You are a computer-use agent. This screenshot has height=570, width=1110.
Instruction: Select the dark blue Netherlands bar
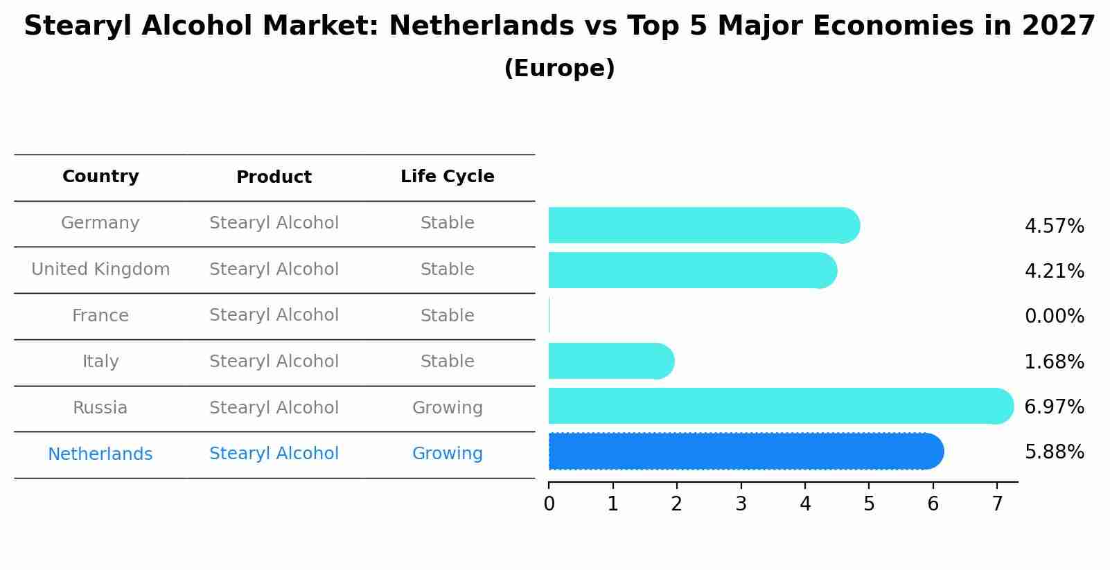click(745, 452)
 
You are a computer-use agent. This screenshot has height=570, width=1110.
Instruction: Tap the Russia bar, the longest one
click(779, 406)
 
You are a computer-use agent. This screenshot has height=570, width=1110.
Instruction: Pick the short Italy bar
click(610, 361)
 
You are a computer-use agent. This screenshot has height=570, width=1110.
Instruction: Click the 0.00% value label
click(1054, 317)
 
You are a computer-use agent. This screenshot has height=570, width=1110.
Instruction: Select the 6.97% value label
click(1054, 407)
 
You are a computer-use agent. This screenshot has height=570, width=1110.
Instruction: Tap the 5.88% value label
click(1054, 452)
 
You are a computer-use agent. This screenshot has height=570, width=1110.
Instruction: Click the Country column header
click(100, 177)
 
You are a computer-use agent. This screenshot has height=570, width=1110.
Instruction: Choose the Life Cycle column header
click(447, 177)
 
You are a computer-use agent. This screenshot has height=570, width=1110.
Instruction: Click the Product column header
click(274, 177)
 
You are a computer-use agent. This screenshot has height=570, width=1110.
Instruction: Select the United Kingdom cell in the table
click(100, 269)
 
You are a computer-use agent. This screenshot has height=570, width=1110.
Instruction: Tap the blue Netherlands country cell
click(100, 454)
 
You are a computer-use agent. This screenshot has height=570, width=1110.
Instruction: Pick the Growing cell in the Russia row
click(447, 408)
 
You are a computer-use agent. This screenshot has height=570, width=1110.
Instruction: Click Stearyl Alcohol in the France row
click(274, 315)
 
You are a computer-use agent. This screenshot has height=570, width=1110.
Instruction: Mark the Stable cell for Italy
click(447, 362)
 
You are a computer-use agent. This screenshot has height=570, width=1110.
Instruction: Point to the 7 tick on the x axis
click(997, 504)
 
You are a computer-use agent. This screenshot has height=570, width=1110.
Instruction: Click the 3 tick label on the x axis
click(741, 504)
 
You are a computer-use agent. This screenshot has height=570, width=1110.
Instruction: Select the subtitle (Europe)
click(559, 69)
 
